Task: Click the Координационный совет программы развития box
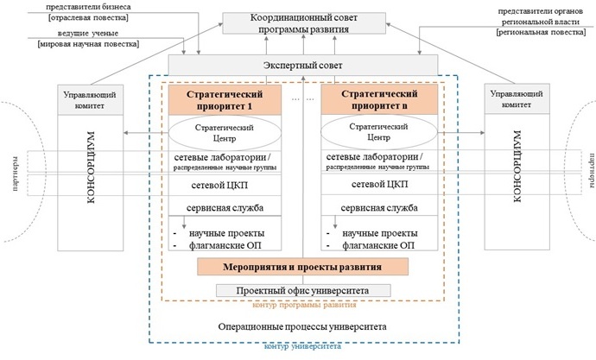(304, 23)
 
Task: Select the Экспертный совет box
(303, 65)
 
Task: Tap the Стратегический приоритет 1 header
(225, 99)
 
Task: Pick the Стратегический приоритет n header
(379, 99)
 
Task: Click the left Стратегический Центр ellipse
(225, 133)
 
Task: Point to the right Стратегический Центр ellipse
(379, 132)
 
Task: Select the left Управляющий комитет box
(90, 100)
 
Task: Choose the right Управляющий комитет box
(517, 98)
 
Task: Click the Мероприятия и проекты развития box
(302, 267)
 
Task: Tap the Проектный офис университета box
(303, 291)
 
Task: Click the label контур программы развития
(304, 305)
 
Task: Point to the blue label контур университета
(302, 346)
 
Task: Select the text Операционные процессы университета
(302, 326)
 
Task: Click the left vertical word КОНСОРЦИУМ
(91, 167)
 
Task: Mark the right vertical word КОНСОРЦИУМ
(517, 166)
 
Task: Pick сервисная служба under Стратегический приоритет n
(379, 208)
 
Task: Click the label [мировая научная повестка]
(89, 44)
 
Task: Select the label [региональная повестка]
(541, 32)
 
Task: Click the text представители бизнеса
(88, 7)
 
